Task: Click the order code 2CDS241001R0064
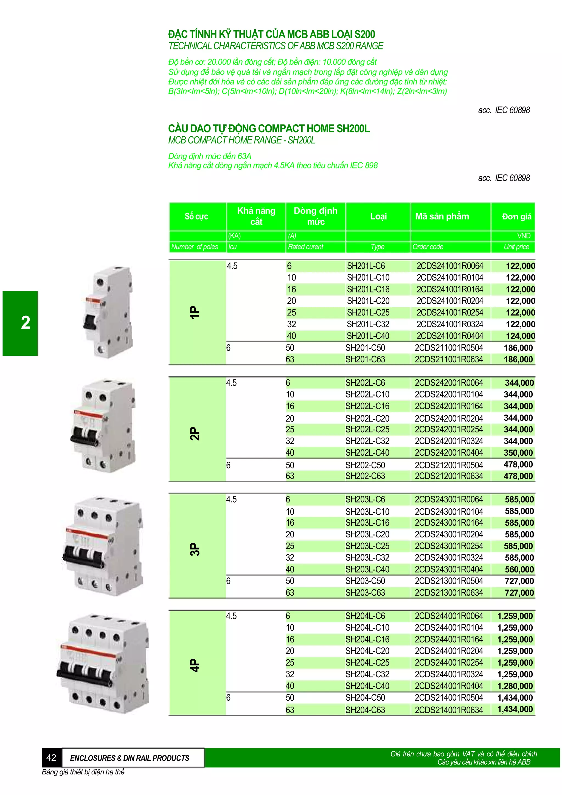coord(449,266)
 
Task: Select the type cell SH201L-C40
coord(368,336)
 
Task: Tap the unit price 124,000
coord(520,336)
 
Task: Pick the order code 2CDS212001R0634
coord(448,476)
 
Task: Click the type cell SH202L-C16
coord(367,406)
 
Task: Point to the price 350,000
coord(518,453)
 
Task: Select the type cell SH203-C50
coord(365,581)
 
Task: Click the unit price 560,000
coord(519,569)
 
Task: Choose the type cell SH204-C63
coord(365,710)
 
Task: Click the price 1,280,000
coord(515,686)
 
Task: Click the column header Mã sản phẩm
coord(442,216)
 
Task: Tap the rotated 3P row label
coord(195,549)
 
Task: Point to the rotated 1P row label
coord(195,312)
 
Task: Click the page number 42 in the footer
coord(51,758)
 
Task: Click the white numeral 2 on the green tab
coord(26,323)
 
